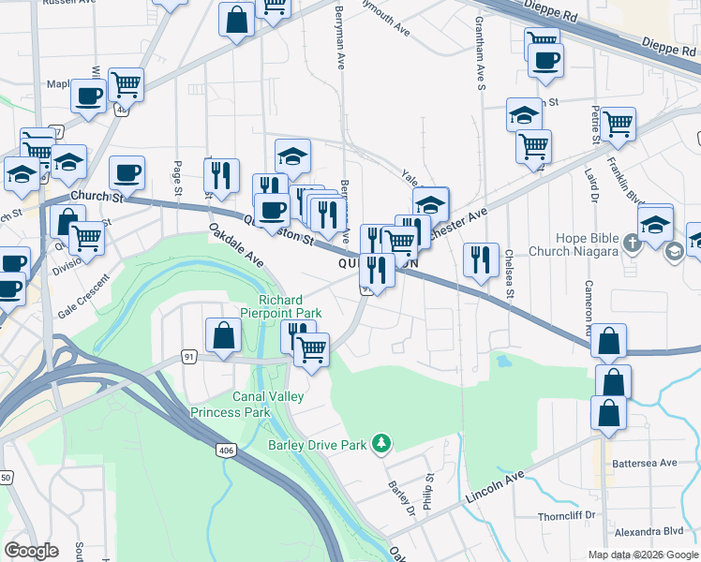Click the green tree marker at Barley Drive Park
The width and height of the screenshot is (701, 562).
[x=380, y=441]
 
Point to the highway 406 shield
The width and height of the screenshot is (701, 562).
[x=225, y=451]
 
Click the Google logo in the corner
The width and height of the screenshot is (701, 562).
[x=31, y=551]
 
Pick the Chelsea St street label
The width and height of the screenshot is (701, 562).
[x=510, y=273]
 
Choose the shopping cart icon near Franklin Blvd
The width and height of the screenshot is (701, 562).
[x=618, y=124]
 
